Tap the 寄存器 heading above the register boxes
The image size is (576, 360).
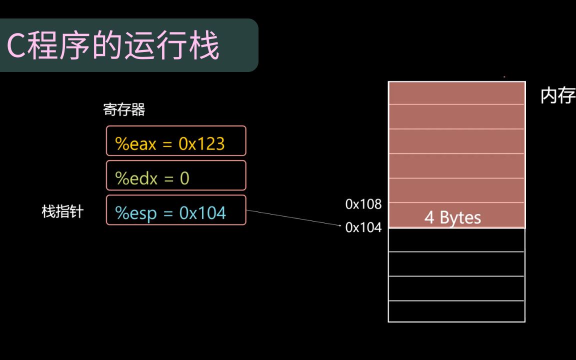(x=124, y=109)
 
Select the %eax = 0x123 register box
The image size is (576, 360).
(x=176, y=140)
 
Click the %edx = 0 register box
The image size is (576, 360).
(x=176, y=175)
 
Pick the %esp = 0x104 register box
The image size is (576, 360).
(x=176, y=210)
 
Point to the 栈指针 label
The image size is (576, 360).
(x=62, y=212)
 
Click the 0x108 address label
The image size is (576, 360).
(x=363, y=204)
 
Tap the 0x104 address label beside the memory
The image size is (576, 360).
(x=363, y=227)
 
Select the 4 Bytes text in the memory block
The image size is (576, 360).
(x=452, y=218)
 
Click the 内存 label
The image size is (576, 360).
(x=557, y=95)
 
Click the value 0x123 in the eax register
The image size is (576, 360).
(x=201, y=144)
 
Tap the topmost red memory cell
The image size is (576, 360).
(x=456, y=93)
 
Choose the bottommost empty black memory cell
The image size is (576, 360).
(x=456, y=311)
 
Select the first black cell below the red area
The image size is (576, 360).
(x=456, y=240)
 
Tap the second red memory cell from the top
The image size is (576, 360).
(x=456, y=116)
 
